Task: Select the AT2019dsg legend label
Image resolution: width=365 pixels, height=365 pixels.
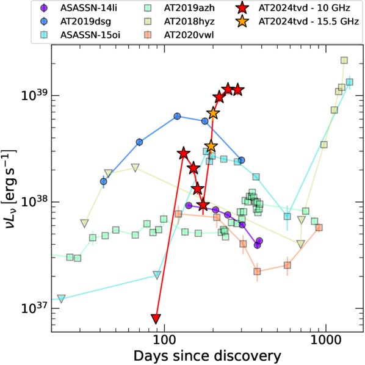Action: click(85, 21)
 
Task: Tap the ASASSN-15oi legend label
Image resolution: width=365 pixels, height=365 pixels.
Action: click(90, 35)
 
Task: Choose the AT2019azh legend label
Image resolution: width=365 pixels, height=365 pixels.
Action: click(189, 8)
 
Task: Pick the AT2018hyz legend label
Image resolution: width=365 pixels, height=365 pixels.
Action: click(189, 21)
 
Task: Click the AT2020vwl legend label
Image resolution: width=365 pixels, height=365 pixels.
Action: click(189, 35)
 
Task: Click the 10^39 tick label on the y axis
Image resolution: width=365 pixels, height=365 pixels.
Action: click(35, 94)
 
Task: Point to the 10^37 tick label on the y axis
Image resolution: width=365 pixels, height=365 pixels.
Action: click(35, 307)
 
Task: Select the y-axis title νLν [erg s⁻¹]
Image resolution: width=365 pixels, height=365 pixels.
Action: click(9, 189)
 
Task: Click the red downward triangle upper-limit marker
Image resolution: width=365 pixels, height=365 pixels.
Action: click(156, 319)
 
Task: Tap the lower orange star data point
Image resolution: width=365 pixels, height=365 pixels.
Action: click(211, 146)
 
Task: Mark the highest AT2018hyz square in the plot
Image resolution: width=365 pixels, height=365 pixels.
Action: click(344, 60)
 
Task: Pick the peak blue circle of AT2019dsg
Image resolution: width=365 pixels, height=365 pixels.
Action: click(177, 117)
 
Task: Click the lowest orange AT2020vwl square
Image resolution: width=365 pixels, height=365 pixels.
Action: click(257, 272)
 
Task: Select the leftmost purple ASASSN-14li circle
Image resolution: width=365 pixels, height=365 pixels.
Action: click(189, 205)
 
